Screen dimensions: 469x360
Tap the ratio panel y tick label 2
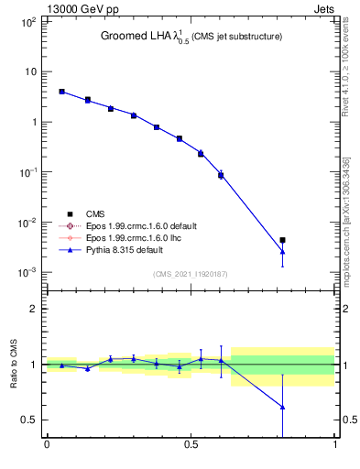pyautogui.click(x=33, y=310)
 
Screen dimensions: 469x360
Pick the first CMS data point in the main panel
pyautogui.click(x=61, y=92)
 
